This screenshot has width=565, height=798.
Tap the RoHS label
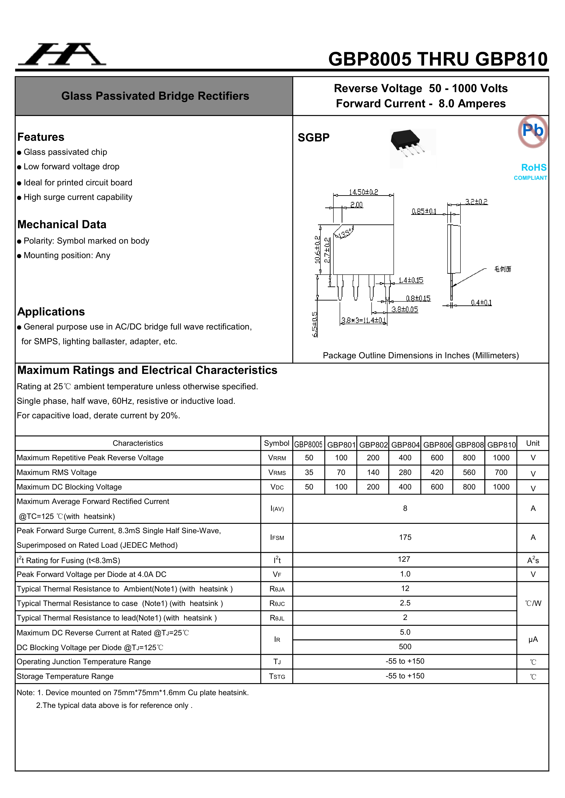click(x=534, y=168)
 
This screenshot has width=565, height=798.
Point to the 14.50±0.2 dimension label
click(x=363, y=192)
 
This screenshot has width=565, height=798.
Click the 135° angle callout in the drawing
click(x=344, y=234)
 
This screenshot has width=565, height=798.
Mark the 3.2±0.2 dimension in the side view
click(x=476, y=202)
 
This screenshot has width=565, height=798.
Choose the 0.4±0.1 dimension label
click(x=481, y=303)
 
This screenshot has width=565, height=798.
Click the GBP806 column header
click(x=437, y=445)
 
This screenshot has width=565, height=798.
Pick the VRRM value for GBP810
click(x=501, y=458)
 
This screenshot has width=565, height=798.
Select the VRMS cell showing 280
click(x=405, y=472)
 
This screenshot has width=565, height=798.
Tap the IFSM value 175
click(x=405, y=537)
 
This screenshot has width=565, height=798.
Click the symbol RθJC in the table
click(x=277, y=603)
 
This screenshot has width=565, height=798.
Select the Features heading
click(x=41, y=137)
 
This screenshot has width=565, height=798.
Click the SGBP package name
click(x=314, y=138)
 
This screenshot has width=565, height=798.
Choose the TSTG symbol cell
click(x=277, y=676)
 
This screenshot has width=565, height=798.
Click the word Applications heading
click(x=51, y=312)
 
